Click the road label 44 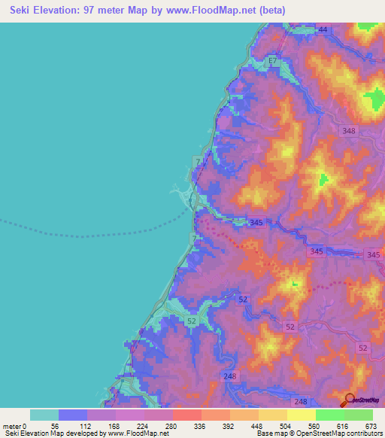323,29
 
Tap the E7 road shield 273,59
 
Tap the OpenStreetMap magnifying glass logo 350,400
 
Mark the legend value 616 344,426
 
